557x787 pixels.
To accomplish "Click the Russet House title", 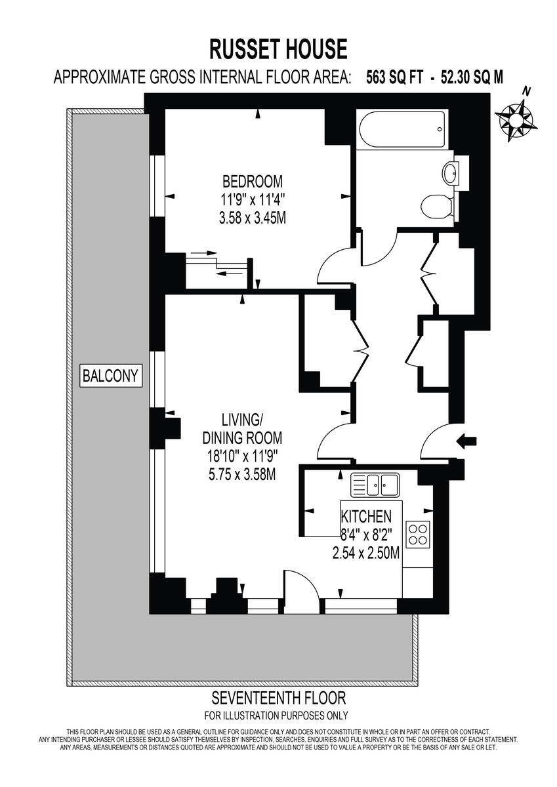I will coord(278,49).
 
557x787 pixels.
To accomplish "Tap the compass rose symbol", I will coord(516,119).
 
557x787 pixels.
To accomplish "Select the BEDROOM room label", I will coord(253,180).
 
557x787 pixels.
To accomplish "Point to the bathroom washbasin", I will coord(452,173).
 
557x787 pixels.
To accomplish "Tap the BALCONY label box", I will coord(111,376).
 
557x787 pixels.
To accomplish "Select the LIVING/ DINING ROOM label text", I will coord(242,428).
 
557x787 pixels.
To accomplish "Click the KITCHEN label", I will coord(367,516).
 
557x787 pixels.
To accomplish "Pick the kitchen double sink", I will coord(375,485).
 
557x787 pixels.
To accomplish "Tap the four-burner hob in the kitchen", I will coord(418,534).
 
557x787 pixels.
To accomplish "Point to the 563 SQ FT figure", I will coord(386,77).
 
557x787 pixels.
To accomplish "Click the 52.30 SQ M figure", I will coord(466,77).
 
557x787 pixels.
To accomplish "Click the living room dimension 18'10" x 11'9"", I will coord(242,457).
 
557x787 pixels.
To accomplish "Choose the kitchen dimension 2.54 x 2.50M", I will coord(366,553).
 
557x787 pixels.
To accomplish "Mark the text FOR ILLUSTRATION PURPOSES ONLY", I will coord(276,716).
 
